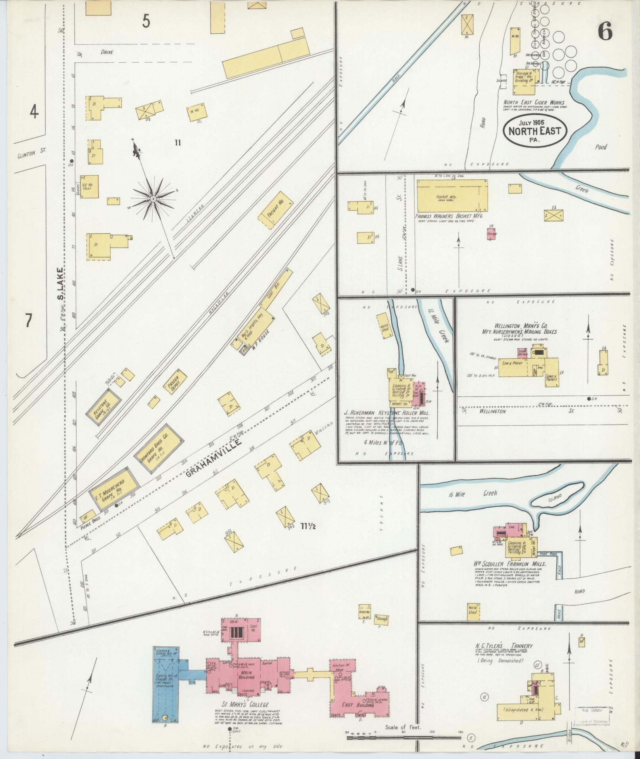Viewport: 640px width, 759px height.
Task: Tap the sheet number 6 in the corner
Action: pos(605,31)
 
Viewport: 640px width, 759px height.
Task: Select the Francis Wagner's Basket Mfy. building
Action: pos(452,195)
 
